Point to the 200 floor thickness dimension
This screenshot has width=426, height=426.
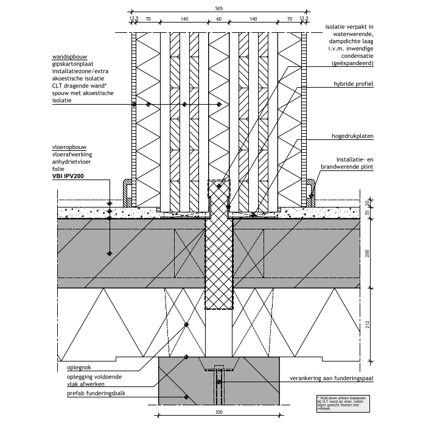click(368, 253)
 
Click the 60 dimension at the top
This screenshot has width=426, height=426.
click(218, 19)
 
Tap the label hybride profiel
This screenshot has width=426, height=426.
click(353, 83)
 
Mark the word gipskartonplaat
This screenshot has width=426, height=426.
click(76, 64)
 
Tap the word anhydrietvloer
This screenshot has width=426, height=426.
click(75, 162)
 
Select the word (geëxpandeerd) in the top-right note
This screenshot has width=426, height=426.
click(352, 63)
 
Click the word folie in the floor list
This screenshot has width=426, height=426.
click(59, 169)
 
